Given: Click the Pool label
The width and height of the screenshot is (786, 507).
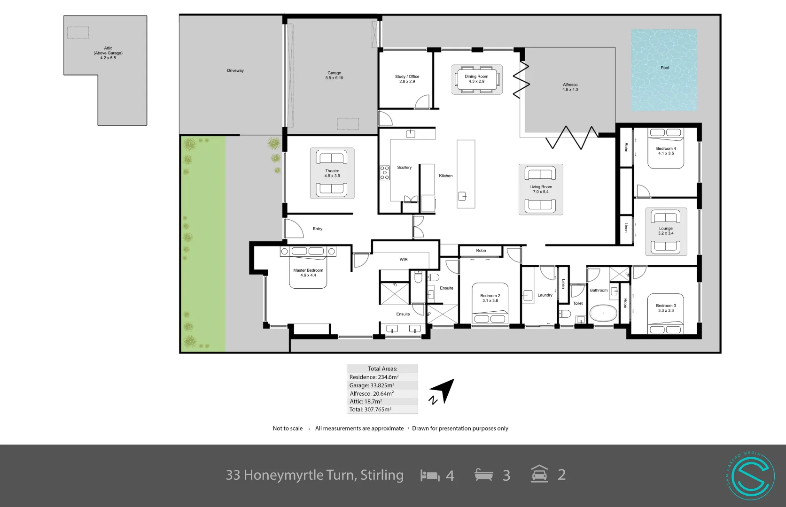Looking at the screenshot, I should tap(664, 68).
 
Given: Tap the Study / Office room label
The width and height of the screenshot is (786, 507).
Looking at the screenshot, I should tap(407, 79).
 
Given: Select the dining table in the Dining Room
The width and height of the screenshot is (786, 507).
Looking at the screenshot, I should tap(477, 79).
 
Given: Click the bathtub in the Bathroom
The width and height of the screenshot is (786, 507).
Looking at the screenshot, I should tap(602, 313).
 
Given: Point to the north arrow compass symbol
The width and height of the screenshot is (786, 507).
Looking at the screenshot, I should tap(443, 392).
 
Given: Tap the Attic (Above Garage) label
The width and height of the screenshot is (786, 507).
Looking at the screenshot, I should tap(108, 53).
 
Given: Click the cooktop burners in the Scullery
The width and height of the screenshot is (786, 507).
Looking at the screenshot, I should tap(385, 173).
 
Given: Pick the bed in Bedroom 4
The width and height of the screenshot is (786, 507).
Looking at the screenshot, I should tap(665, 148).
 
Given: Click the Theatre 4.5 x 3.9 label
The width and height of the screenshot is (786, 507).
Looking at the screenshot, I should tap(332, 173).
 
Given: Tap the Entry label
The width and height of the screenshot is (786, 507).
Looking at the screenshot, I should tap(318, 229).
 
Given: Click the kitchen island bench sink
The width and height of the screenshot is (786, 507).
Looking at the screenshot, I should tap(462, 196).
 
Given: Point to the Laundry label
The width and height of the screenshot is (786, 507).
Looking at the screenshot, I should tap(545, 295).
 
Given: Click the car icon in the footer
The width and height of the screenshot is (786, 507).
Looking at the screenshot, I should tap(539, 474).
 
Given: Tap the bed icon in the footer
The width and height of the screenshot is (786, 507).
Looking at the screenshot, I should tap(429, 475).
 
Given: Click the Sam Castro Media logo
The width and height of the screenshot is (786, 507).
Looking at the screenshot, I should tap(750, 475).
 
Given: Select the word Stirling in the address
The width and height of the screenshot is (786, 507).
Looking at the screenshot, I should tap(381, 475).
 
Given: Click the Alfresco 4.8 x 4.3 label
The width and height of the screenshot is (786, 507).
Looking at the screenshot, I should tap(570, 87).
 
